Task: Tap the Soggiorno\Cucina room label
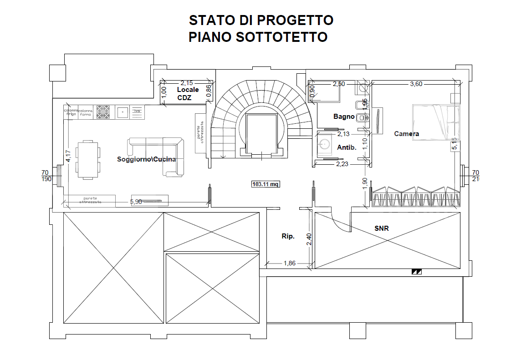(x=146, y=159)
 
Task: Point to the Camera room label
(x=406, y=133)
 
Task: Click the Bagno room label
(x=343, y=117)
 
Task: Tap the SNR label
(x=381, y=228)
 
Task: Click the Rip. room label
(x=288, y=236)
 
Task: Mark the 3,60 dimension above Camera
(x=416, y=84)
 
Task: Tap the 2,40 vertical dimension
(x=308, y=239)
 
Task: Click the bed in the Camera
(x=435, y=122)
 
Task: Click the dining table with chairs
(x=87, y=160)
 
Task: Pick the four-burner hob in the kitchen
(x=103, y=112)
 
